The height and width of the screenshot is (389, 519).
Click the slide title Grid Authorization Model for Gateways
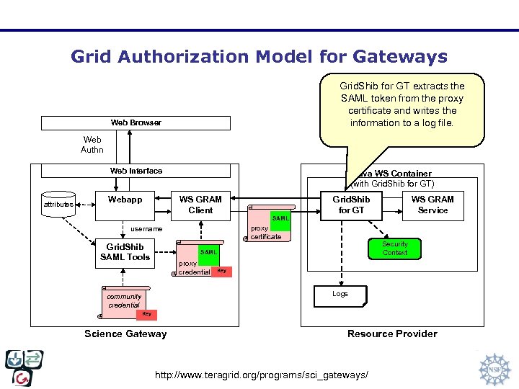point(259,56)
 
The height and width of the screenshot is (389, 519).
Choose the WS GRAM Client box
point(200,205)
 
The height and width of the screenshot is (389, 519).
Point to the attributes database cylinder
point(58,204)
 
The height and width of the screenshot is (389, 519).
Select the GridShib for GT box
point(351,205)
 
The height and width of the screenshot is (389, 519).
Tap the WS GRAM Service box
point(432,205)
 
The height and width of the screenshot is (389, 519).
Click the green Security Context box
point(394,249)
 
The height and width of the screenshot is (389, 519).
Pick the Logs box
point(340,294)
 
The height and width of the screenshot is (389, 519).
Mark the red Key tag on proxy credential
point(221,271)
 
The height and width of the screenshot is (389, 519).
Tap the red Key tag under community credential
point(146,314)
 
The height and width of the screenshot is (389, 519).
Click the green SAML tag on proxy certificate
point(280,218)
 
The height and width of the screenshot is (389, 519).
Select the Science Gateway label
point(125,334)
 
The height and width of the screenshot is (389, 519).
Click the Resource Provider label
point(392,334)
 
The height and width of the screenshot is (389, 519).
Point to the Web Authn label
point(92,145)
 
